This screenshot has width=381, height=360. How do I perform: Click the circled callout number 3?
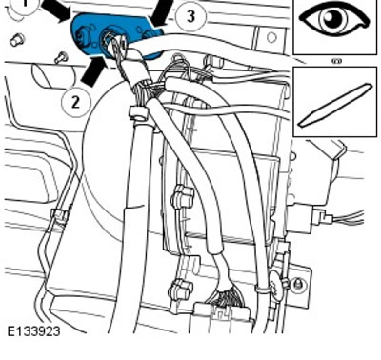coord(190,16)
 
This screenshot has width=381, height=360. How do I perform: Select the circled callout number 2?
coord(75,102)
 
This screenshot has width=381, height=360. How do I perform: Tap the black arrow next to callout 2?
coord(92,70)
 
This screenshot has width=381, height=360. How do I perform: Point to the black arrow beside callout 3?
coord(161,12)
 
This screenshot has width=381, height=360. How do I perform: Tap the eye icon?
coord(334,19)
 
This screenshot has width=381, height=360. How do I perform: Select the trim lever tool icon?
coord(334,105)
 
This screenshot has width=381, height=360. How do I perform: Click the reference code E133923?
coord(33,331)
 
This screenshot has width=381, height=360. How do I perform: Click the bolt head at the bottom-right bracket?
coord(297,282)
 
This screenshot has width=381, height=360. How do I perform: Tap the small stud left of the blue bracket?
coord(16,40)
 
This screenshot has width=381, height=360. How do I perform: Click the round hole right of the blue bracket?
coord(271,38)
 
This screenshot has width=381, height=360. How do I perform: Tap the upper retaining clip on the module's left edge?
coord(183,196)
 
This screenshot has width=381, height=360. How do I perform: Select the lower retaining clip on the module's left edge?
coord(182,289)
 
